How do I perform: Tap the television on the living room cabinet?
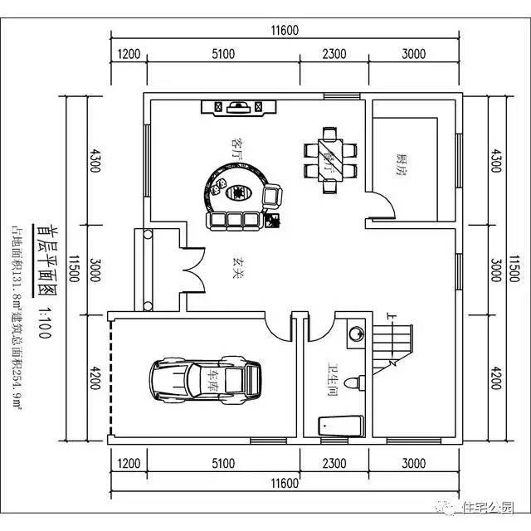pos(238,106)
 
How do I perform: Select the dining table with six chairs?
pos(331,153)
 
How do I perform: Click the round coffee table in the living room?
pos(239,192)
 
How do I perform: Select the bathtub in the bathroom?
pos(341,426)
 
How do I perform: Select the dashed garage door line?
pos(109,378)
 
